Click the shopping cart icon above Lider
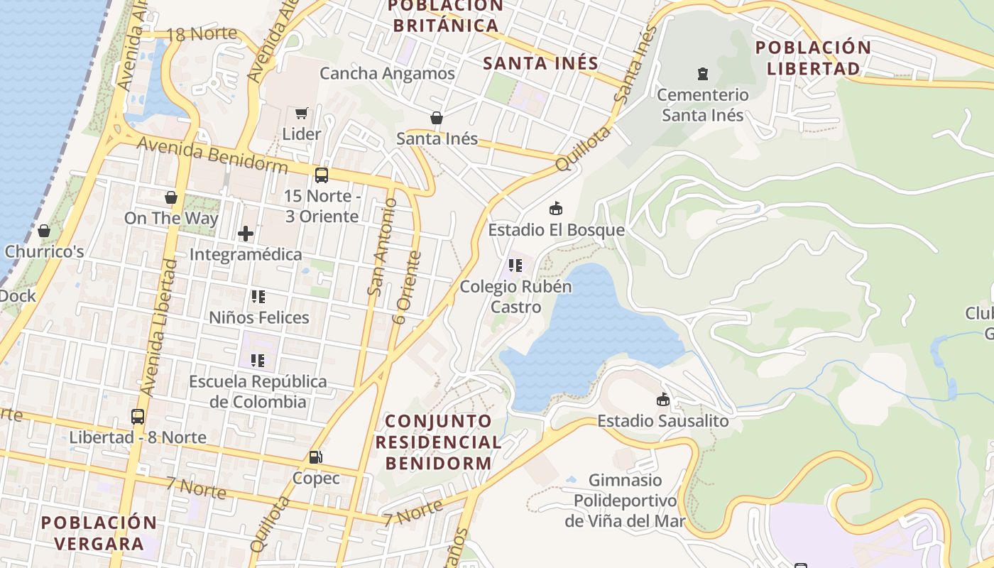click(302, 113)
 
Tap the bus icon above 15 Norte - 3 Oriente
click(322, 175)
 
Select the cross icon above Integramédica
click(246, 233)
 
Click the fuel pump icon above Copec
click(316, 458)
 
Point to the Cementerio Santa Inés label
click(702, 104)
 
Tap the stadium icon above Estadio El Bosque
click(556, 209)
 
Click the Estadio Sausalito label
click(662, 421)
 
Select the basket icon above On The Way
click(171, 197)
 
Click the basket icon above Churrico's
click(44, 231)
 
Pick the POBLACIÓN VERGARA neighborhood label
click(99, 533)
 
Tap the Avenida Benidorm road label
click(212, 155)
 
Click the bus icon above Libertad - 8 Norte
click(138, 417)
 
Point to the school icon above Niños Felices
click(258, 297)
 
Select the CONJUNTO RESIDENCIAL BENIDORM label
click(438, 442)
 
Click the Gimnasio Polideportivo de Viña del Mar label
click(625, 501)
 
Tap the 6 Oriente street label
click(407, 288)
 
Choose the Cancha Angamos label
click(387, 73)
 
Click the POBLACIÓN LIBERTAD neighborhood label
click(813, 58)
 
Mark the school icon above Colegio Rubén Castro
click(515, 266)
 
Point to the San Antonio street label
click(381, 246)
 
